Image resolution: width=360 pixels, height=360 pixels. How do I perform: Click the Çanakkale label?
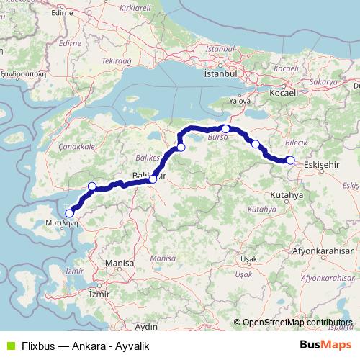click(80, 146)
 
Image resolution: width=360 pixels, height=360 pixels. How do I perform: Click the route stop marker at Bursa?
click(225, 129)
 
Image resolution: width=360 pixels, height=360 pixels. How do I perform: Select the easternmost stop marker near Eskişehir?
click(290, 160)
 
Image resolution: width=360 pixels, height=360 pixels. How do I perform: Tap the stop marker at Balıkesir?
click(153, 179)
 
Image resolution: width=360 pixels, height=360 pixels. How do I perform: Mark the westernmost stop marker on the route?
click(70, 213)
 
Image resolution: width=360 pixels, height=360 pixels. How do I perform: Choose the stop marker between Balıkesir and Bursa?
click(181, 148)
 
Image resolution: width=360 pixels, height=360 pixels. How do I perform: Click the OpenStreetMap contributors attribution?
click(297, 323)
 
